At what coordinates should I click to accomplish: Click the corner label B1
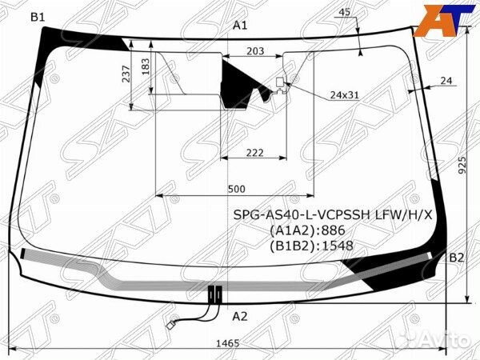click(38, 17)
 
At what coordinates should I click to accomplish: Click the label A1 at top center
click(240, 26)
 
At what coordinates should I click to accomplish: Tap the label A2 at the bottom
click(240, 316)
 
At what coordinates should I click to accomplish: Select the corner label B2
click(457, 258)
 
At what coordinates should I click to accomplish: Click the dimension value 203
click(255, 50)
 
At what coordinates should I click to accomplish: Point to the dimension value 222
click(254, 153)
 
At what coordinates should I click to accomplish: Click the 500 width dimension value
click(236, 189)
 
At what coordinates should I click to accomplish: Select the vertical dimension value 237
click(126, 74)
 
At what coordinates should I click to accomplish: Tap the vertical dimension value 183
click(146, 66)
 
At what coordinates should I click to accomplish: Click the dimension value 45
click(344, 12)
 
